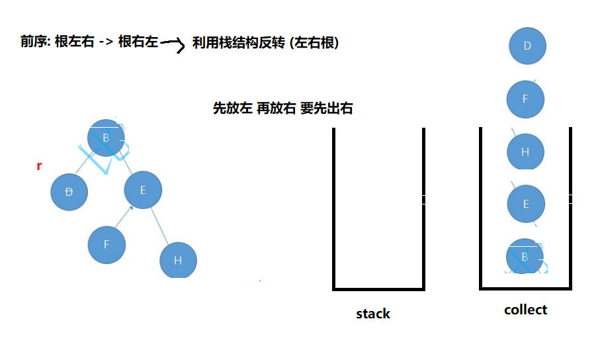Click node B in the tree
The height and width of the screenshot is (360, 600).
106,138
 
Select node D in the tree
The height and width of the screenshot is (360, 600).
69,192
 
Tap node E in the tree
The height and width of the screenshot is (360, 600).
143,190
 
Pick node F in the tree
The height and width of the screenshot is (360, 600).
107,244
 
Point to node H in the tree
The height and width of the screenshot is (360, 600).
178,260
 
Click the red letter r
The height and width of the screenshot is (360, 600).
39,165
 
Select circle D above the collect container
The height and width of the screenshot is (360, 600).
527,46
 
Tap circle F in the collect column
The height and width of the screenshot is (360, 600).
525,99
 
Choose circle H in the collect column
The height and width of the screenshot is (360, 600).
525,152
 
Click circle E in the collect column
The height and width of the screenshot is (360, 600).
525,204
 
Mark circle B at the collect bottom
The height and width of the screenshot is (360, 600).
525,257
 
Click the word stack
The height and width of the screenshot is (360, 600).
373,314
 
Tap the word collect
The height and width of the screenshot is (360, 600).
525,310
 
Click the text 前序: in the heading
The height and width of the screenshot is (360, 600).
36,42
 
